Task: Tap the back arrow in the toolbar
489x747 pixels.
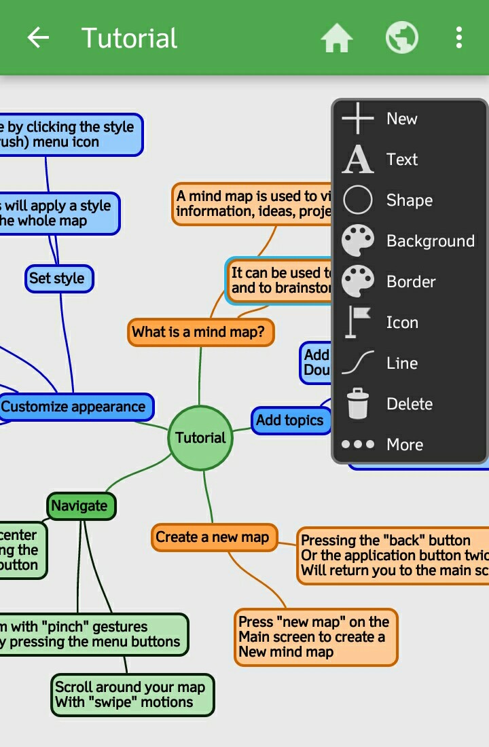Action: pos(38,38)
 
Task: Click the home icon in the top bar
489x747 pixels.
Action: pos(337,38)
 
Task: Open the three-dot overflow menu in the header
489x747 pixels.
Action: pos(459,38)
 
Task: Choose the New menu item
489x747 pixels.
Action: pos(401,119)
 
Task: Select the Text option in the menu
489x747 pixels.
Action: pos(401,160)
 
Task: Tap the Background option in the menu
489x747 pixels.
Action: pos(430,241)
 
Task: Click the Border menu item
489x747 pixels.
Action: pos(410,282)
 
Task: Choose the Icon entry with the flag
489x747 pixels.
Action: pos(401,323)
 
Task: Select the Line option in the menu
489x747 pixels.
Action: pos(401,363)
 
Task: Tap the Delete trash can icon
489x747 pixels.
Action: pos(358,404)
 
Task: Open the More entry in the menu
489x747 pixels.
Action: pos(404,445)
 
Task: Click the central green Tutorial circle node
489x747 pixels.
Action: pos(200,438)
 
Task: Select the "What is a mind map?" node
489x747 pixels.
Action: pos(200,333)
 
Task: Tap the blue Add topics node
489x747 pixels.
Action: pos(290,420)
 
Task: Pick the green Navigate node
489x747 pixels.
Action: pos(80,506)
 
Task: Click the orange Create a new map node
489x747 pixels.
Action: pos(213,537)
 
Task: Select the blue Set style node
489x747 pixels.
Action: pos(58,278)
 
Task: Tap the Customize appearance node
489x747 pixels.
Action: pos(74,407)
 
